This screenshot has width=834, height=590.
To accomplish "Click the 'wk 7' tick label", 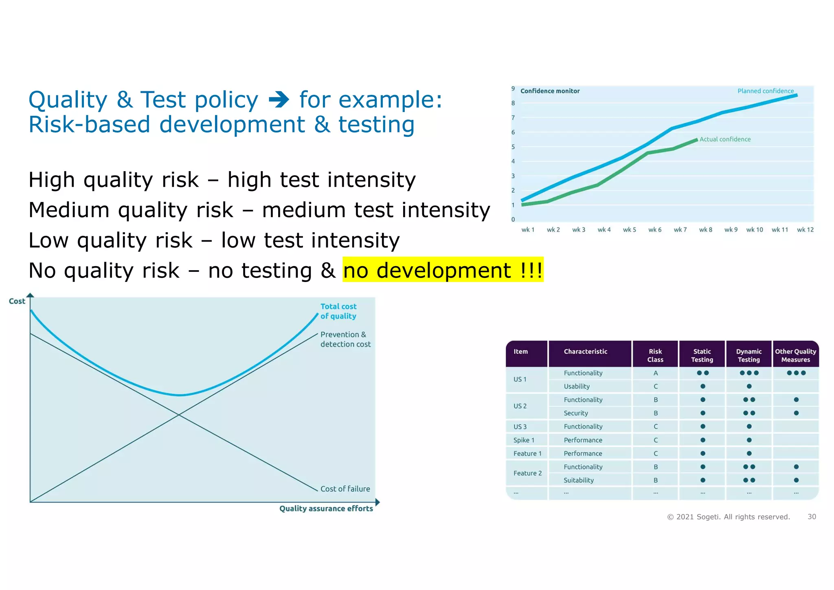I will [680, 230].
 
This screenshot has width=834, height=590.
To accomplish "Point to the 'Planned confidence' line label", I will [765, 91].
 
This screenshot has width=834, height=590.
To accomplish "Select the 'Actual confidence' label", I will [725, 139].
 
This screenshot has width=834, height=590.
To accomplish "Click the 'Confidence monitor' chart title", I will [550, 91].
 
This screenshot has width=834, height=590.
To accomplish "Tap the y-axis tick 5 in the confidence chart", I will [513, 147].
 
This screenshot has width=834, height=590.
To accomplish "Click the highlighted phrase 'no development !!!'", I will [443, 270].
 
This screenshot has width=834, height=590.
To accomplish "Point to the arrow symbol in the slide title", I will [279, 100].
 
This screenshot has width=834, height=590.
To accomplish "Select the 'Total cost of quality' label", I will [338, 311].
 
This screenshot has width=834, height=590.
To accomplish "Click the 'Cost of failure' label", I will [345, 489].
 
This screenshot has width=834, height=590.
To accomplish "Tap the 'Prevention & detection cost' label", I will [345, 339].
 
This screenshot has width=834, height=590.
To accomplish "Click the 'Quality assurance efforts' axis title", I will [326, 509].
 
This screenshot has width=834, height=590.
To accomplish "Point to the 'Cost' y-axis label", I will [17, 302].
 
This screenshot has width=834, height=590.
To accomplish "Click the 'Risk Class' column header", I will [655, 355].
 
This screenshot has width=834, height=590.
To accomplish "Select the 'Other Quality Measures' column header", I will [795, 355].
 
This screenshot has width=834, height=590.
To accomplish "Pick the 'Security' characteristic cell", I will [575, 413].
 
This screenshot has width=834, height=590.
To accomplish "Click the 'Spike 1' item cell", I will [524, 440].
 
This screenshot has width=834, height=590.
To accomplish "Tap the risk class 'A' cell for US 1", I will [655, 373].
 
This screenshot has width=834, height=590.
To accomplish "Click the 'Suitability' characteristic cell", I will [578, 480].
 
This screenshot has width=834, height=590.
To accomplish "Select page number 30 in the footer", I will [812, 517].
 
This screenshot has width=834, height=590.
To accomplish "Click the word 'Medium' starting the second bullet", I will [69, 211].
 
